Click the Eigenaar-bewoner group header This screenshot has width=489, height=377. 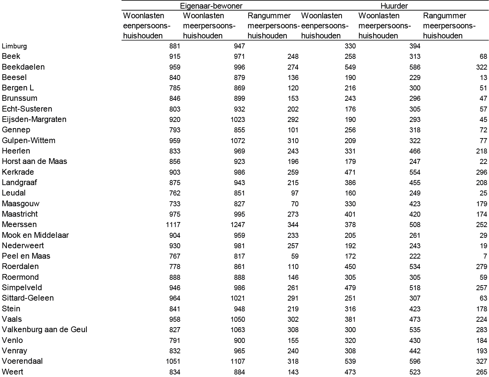(x=211, y=6)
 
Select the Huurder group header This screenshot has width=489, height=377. (x=394, y=6)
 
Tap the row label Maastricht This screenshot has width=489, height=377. (x=20, y=214)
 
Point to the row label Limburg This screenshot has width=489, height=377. (x=14, y=46)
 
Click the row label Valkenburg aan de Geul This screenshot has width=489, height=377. (x=44, y=330)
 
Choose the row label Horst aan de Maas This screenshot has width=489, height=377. (x=34, y=161)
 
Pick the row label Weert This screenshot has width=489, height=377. (x=13, y=372)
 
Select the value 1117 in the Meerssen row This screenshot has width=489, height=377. (x=173, y=225)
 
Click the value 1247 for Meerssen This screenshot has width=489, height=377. (x=238, y=225)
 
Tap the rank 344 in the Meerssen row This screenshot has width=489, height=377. (x=293, y=225)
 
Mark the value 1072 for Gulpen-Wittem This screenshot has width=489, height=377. (x=238, y=141)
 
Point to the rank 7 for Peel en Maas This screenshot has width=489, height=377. (x=485, y=256)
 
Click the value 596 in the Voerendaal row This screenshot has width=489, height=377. (x=415, y=361)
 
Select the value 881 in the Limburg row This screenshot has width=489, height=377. (x=175, y=46)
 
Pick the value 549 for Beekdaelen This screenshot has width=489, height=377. (x=350, y=67)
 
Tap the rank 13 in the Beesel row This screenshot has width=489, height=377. (x=483, y=77)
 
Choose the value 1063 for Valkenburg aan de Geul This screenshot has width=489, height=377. (x=238, y=330)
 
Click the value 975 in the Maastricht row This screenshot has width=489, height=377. (x=175, y=214)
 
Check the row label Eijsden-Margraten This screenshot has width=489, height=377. (x=34, y=119)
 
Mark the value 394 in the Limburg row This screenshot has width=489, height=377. (x=415, y=46)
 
